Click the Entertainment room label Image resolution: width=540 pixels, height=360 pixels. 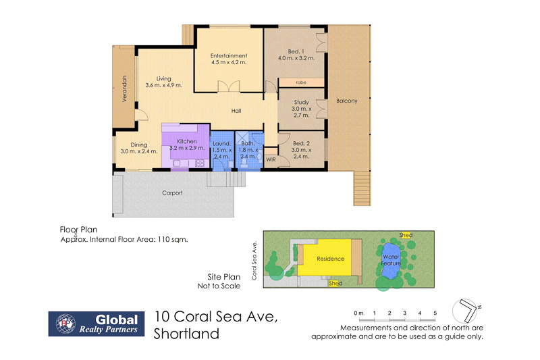point(228,55)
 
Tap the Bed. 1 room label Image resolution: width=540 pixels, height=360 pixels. point(296,51)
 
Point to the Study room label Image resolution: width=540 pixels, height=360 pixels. point(301,103)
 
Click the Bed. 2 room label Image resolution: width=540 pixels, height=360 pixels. point(301,144)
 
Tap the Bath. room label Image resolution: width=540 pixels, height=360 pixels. point(249,144)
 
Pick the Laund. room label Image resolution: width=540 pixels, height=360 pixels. point(221,144)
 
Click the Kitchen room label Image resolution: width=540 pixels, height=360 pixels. point(187,141)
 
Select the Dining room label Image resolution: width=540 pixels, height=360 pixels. point(139,145)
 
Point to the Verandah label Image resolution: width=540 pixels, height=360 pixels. point(124,88)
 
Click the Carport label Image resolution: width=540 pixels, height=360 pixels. point(172,192)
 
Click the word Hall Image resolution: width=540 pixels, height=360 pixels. point(236,111)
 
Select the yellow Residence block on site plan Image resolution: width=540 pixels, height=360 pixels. point(331,259)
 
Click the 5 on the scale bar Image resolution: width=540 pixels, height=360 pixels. point(435,313)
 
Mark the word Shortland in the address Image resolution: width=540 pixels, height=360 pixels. point(186,333)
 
